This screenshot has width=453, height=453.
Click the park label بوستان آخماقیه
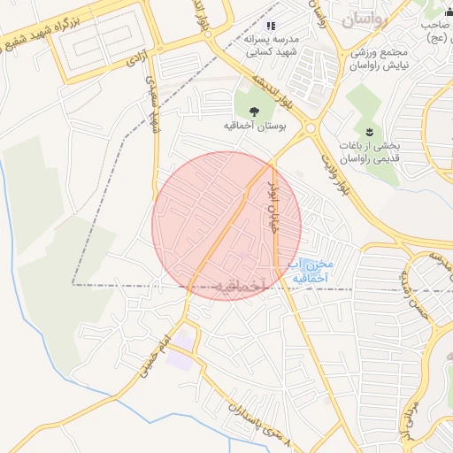coord(255,127)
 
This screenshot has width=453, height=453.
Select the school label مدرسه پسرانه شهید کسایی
coord(271,46)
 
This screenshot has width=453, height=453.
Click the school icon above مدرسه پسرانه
coord(271,26)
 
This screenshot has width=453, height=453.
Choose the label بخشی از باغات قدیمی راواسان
coord(372,152)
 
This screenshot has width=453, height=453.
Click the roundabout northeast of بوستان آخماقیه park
coord(311,129)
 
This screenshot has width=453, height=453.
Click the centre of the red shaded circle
coord(226,226)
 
